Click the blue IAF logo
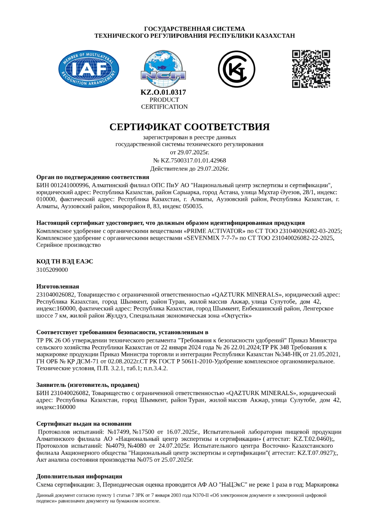pos(88,69)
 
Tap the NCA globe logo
pos(163,69)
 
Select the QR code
pos(311,69)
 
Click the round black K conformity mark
pos(236,69)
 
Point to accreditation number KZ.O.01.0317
pos(163,92)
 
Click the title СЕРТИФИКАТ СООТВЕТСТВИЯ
pos(189,127)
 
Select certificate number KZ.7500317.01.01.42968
pos(193,160)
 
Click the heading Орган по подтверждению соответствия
pos(93,177)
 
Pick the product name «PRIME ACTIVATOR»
pos(214,231)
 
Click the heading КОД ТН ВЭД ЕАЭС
pos(64,261)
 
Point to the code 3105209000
pos(52,270)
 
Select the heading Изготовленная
pos(57,286)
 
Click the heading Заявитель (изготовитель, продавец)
pos(88,385)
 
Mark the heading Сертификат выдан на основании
pos(84,424)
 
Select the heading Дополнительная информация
pos(79,476)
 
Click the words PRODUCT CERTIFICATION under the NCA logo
pos(164,103)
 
